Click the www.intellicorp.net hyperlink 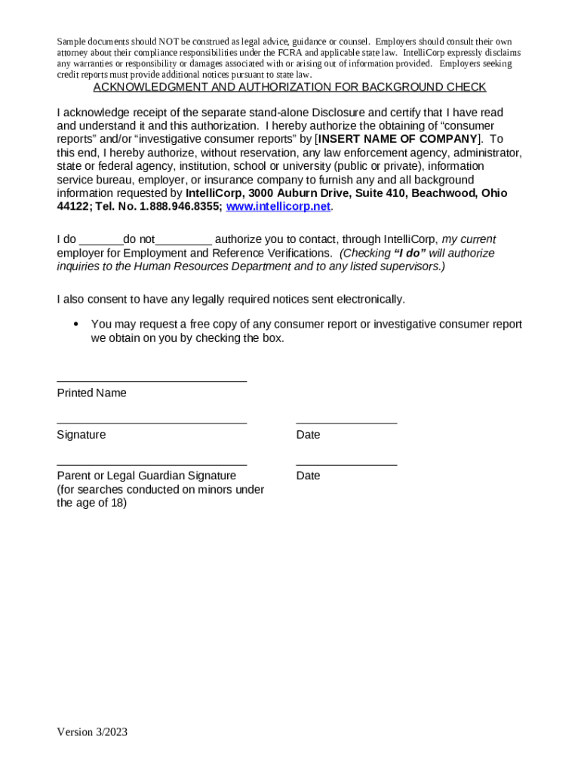278,206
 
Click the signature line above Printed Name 152,380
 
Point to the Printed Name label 91,393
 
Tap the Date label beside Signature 308,435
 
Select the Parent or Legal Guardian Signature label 146,476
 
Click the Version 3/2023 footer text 92,731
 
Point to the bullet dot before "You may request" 75,324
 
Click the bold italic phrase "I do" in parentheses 411,253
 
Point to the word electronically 372,299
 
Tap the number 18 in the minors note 118,503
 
